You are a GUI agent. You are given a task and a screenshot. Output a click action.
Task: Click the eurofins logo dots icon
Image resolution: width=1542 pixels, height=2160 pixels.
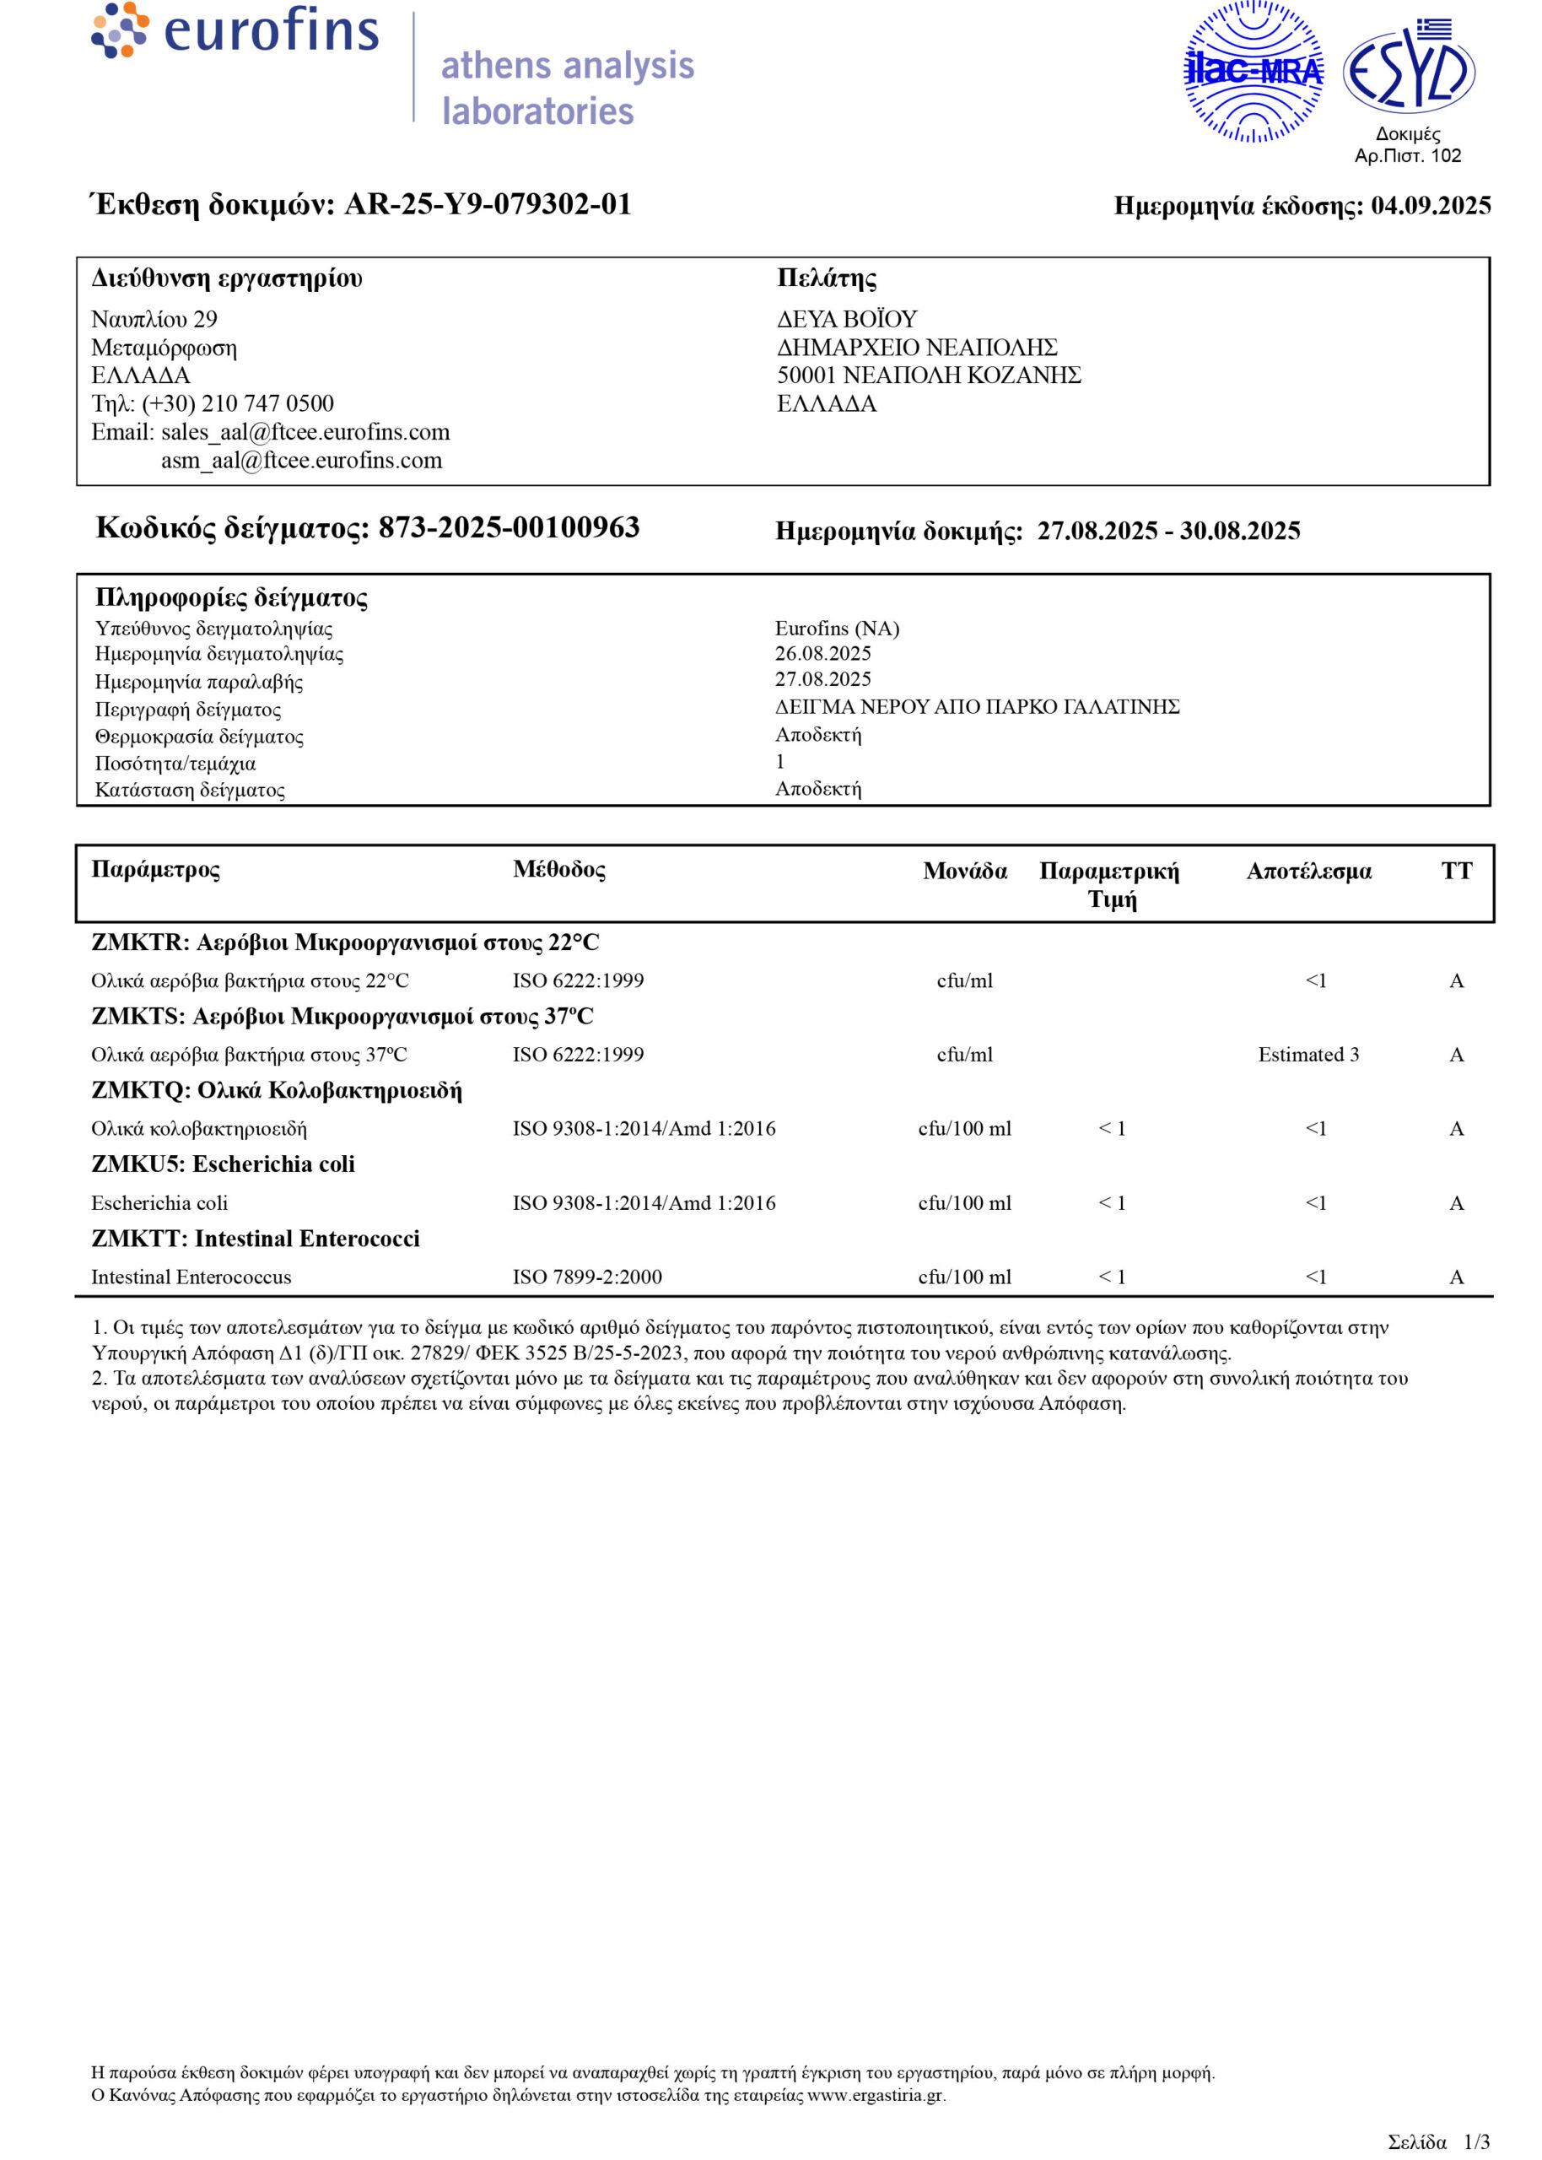(x=120, y=30)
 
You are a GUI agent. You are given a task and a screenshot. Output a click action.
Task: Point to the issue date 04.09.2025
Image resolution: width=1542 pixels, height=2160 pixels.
(x=1430, y=206)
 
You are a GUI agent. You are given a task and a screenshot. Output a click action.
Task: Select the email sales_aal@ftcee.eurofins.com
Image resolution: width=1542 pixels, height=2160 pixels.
(x=305, y=432)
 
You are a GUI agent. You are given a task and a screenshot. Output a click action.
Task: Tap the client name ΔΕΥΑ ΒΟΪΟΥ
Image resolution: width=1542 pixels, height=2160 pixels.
(x=847, y=319)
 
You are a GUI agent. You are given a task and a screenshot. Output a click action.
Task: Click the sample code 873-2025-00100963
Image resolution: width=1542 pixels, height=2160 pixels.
(x=509, y=528)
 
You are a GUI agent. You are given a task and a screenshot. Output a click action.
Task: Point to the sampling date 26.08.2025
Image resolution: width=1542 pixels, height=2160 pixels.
(x=822, y=653)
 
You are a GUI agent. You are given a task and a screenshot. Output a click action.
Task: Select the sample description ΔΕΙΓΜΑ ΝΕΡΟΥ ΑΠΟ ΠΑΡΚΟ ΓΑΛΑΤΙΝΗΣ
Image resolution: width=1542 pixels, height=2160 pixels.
(x=977, y=706)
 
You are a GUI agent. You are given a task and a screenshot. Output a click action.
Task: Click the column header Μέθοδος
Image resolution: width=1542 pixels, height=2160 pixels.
(x=559, y=870)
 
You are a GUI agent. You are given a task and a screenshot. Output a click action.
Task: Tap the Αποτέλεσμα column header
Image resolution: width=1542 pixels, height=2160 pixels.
(x=1308, y=872)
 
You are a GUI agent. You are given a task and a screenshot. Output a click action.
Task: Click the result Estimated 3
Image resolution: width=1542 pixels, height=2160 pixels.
(x=1307, y=1055)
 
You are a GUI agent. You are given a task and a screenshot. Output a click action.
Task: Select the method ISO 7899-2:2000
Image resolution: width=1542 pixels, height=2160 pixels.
(x=587, y=1277)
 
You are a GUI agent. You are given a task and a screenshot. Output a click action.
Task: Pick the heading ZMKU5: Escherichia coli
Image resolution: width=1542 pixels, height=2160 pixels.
(x=224, y=1164)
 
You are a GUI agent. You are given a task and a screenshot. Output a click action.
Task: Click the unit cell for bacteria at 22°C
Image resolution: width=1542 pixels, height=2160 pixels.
(x=965, y=980)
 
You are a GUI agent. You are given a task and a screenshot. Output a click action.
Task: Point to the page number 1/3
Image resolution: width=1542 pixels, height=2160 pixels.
(x=1476, y=2142)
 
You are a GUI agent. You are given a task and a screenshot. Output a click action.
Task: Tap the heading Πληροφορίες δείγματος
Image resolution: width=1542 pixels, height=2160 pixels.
(x=231, y=598)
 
